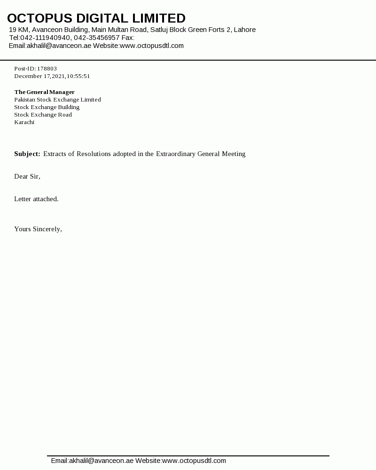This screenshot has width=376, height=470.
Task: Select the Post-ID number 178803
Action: [x=47, y=69]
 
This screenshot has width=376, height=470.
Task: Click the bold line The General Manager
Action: [x=44, y=92]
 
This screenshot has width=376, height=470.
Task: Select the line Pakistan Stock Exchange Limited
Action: [x=57, y=100]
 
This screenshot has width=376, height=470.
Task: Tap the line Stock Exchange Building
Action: [x=47, y=107]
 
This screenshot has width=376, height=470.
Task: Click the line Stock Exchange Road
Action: [x=43, y=115]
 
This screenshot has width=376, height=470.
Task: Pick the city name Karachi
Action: [x=24, y=122]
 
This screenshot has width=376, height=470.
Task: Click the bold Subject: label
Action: [x=27, y=154]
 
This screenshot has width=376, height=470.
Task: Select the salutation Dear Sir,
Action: [x=27, y=176]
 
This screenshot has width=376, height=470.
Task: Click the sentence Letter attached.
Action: [x=36, y=199]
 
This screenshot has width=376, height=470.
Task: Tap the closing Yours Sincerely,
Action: [x=38, y=229]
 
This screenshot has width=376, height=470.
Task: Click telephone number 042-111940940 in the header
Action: [x=45, y=38]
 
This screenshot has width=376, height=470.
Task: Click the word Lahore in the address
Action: [x=244, y=30]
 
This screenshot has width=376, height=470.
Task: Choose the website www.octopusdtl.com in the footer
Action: [x=194, y=461]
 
